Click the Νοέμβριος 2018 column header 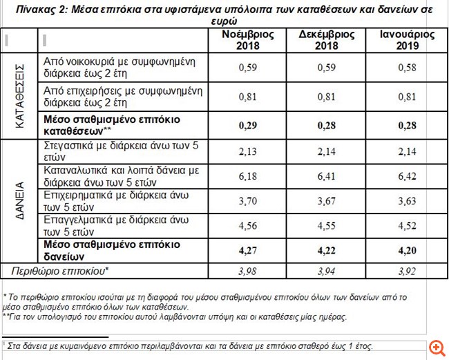point(247,40)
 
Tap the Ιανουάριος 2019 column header point(407,40)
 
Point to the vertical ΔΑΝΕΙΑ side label point(20,200)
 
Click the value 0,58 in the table point(407,68)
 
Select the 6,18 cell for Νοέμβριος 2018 point(247,176)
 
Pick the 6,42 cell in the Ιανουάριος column point(407,176)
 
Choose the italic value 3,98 point(247,270)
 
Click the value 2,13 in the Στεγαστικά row point(247,151)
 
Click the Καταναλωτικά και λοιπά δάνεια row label point(121,176)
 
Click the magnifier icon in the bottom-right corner point(436,347)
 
